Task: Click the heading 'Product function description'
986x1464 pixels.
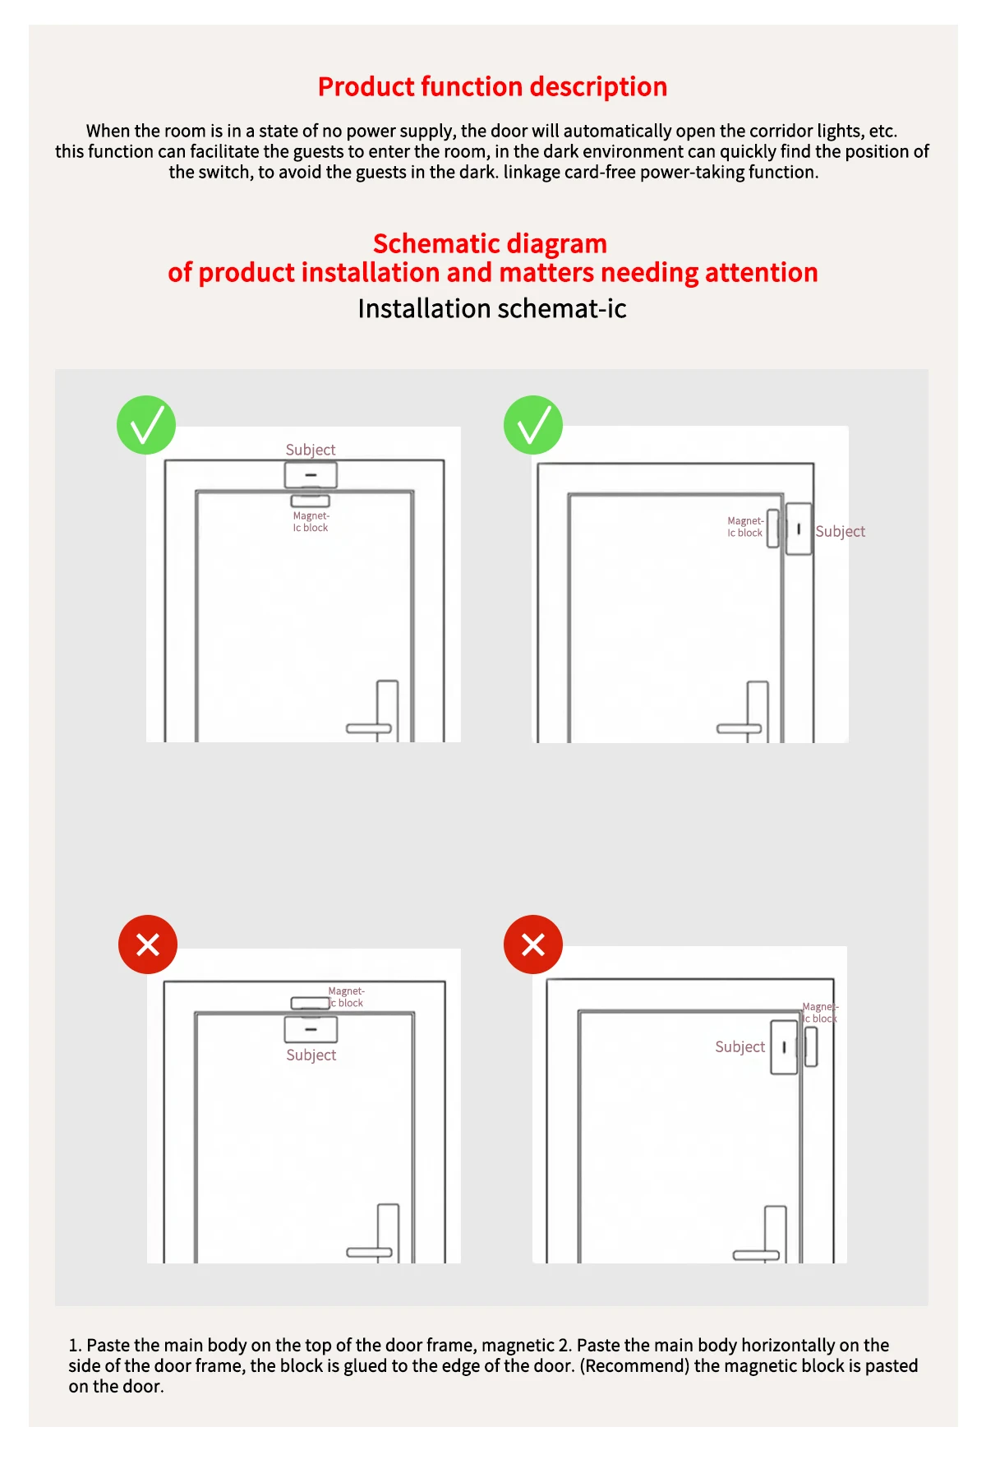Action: [492, 86]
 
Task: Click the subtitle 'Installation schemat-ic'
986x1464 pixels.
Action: [492, 308]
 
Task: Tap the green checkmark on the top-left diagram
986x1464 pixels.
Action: [146, 425]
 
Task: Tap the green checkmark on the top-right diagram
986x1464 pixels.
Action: [533, 425]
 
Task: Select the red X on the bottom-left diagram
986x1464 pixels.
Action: [148, 944]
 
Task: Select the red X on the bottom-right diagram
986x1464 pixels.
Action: [533, 944]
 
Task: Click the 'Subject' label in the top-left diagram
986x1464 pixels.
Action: [311, 450]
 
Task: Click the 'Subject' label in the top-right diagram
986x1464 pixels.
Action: [840, 532]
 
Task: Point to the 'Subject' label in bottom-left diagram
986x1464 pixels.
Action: [311, 1055]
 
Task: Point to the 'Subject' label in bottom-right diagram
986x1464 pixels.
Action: [739, 1046]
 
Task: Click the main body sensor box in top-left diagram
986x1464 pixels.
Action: [311, 475]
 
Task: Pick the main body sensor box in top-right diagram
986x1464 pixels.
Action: [799, 529]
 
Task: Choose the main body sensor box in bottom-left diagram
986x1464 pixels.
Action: [311, 1029]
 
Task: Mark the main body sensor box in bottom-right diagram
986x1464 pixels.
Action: [784, 1047]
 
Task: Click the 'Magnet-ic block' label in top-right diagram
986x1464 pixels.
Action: [744, 527]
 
